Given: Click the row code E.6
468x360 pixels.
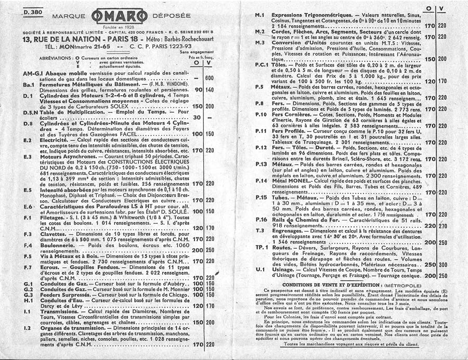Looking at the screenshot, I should point(29,207).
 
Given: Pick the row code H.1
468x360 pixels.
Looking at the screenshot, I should point(29,300).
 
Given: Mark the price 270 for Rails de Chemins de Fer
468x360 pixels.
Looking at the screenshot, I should point(443,226).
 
